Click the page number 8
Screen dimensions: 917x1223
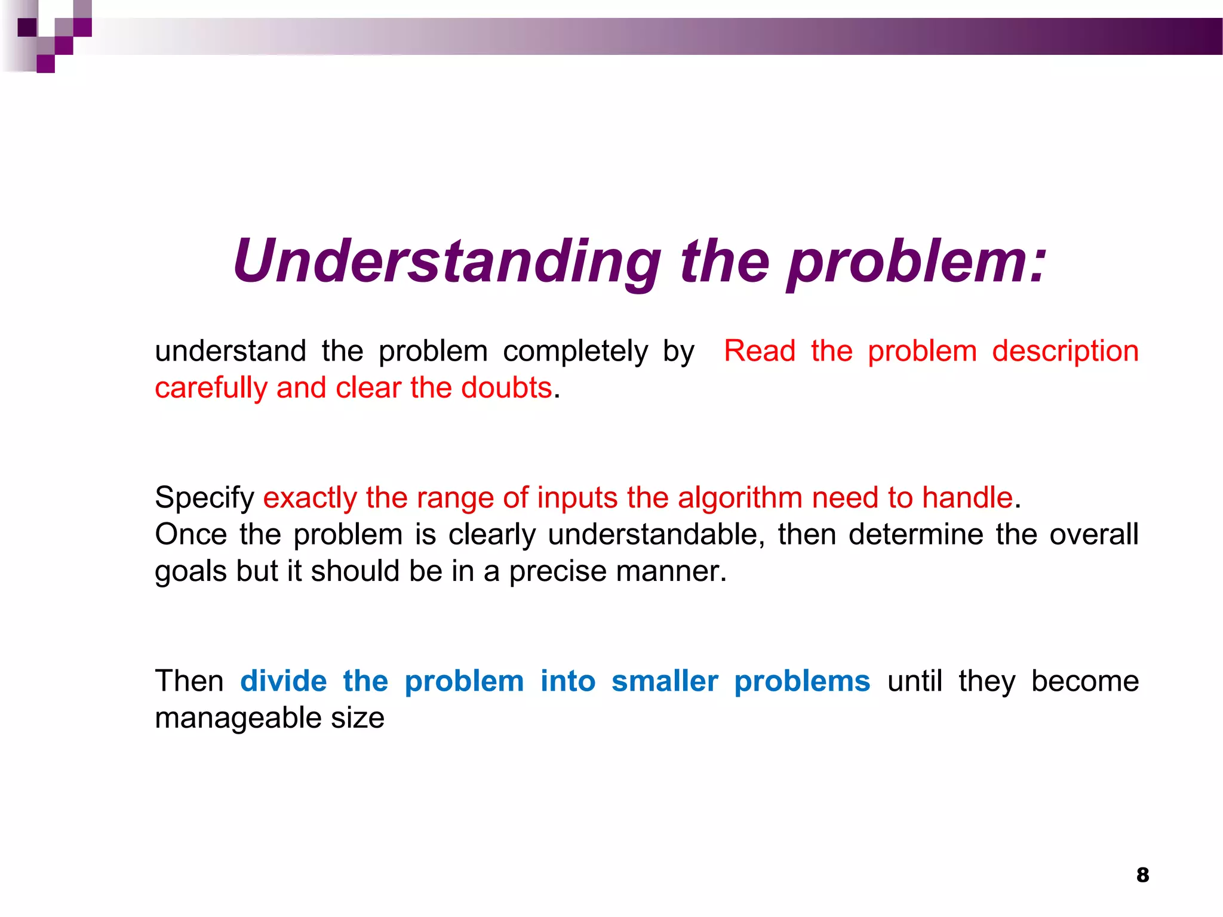click(1142, 875)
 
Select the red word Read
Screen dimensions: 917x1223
click(760, 350)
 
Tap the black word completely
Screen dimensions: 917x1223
click(575, 352)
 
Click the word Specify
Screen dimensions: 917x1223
click(204, 498)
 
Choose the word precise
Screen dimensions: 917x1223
click(558, 571)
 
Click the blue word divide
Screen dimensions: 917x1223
click(284, 681)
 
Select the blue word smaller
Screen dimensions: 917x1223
click(665, 681)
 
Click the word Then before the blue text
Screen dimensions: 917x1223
click(189, 681)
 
